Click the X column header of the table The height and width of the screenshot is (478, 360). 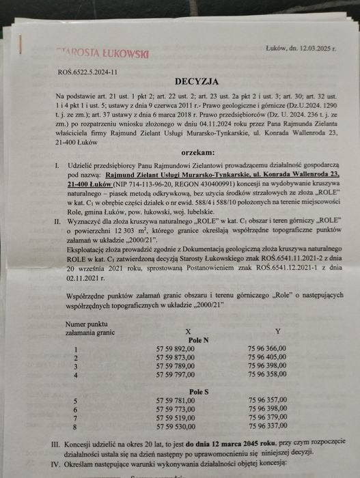click(x=178, y=331)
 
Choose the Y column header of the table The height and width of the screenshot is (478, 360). click(x=277, y=331)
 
